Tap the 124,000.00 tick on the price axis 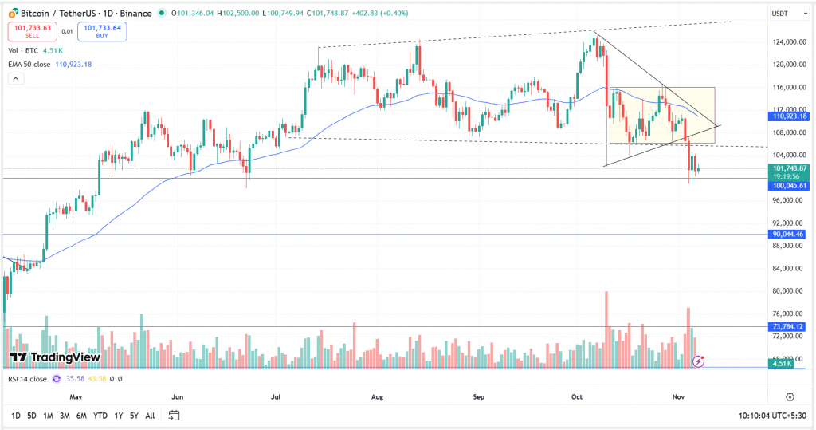(790, 41)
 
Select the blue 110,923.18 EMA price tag (790, 116)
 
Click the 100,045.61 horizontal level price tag (790, 185)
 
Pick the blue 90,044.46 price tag (790, 235)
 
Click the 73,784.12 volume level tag (790, 326)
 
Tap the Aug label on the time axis (378, 396)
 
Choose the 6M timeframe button (81, 416)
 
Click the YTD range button (100, 416)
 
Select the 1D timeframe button (16, 416)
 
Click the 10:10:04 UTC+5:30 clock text (772, 416)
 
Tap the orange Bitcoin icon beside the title (13, 13)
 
